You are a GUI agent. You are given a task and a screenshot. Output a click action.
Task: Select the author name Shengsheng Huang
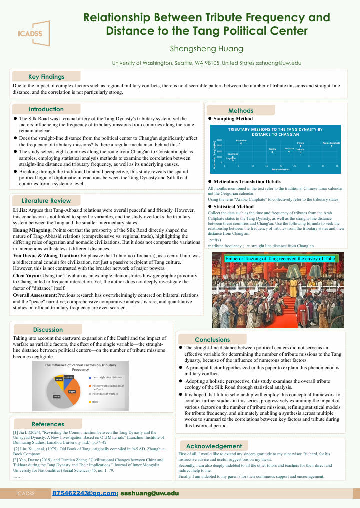[x=206, y=49]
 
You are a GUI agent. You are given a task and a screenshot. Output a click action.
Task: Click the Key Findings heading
[x=46, y=77]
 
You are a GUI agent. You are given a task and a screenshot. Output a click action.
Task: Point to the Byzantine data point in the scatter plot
[x=241, y=144]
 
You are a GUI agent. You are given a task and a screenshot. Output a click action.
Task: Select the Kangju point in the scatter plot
[x=272, y=152]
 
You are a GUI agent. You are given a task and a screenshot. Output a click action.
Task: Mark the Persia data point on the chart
[x=300, y=146]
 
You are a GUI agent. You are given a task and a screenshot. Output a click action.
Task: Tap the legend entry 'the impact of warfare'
[x=105, y=394]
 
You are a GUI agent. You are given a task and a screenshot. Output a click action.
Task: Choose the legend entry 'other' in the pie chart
[x=95, y=402]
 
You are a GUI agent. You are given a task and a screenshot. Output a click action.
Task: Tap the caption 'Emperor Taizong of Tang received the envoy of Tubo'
[x=281, y=258]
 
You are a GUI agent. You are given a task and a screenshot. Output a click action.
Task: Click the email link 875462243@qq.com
[x=84, y=493]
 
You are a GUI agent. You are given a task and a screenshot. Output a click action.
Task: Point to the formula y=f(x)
[x=216, y=240]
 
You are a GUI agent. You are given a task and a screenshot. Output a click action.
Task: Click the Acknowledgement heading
[x=214, y=446]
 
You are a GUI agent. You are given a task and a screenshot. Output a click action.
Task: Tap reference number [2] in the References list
[x=17, y=448]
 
